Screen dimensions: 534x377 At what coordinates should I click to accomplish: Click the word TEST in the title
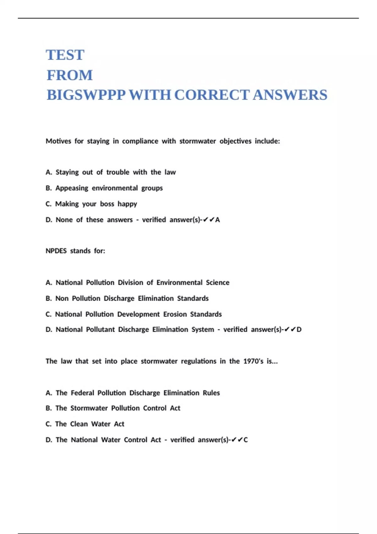pyautogui.click(x=65, y=55)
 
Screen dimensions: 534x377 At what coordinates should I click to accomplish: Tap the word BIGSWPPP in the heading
pyautogui.click(x=86, y=95)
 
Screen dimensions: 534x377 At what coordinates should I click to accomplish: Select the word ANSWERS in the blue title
pyautogui.click(x=290, y=95)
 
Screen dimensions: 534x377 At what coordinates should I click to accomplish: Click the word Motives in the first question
pyautogui.click(x=58, y=141)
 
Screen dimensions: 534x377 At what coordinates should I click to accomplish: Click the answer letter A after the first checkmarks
pyautogui.click(x=218, y=220)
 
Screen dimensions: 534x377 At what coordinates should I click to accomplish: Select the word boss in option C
pyautogui.click(x=107, y=204)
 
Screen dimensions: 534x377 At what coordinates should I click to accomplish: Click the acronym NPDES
pyautogui.click(x=56, y=251)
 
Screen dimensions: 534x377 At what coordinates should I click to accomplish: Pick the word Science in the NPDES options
pyautogui.click(x=218, y=282)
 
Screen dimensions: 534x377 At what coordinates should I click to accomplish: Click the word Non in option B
pyautogui.click(x=62, y=298)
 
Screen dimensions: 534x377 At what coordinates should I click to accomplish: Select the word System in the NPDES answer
pyautogui.click(x=203, y=330)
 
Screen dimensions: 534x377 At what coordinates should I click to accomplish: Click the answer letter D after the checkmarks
pyautogui.click(x=299, y=330)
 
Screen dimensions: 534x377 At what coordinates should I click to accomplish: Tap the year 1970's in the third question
pyautogui.click(x=253, y=361)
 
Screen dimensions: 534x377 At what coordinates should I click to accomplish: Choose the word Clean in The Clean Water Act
pyautogui.click(x=79, y=424)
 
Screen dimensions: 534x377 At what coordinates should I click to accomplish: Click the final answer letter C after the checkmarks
pyautogui.click(x=246, y=440)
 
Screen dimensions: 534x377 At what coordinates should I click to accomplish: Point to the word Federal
pyautogui.click(x=82, y=393)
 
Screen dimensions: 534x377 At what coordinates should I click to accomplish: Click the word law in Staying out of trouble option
pyautogui.click(x=170, y=172)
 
